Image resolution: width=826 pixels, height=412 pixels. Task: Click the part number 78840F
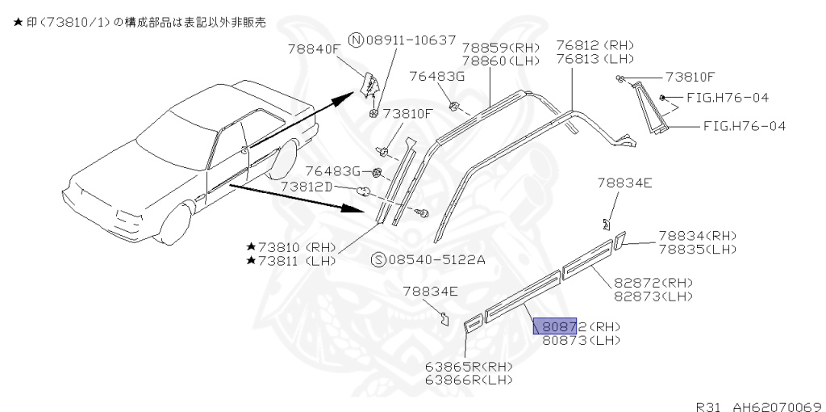314,48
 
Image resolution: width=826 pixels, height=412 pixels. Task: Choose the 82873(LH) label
653,296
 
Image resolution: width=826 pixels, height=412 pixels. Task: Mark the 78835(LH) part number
697,249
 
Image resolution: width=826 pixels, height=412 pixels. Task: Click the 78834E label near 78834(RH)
624,183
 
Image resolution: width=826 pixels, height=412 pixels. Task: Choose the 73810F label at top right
690,78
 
